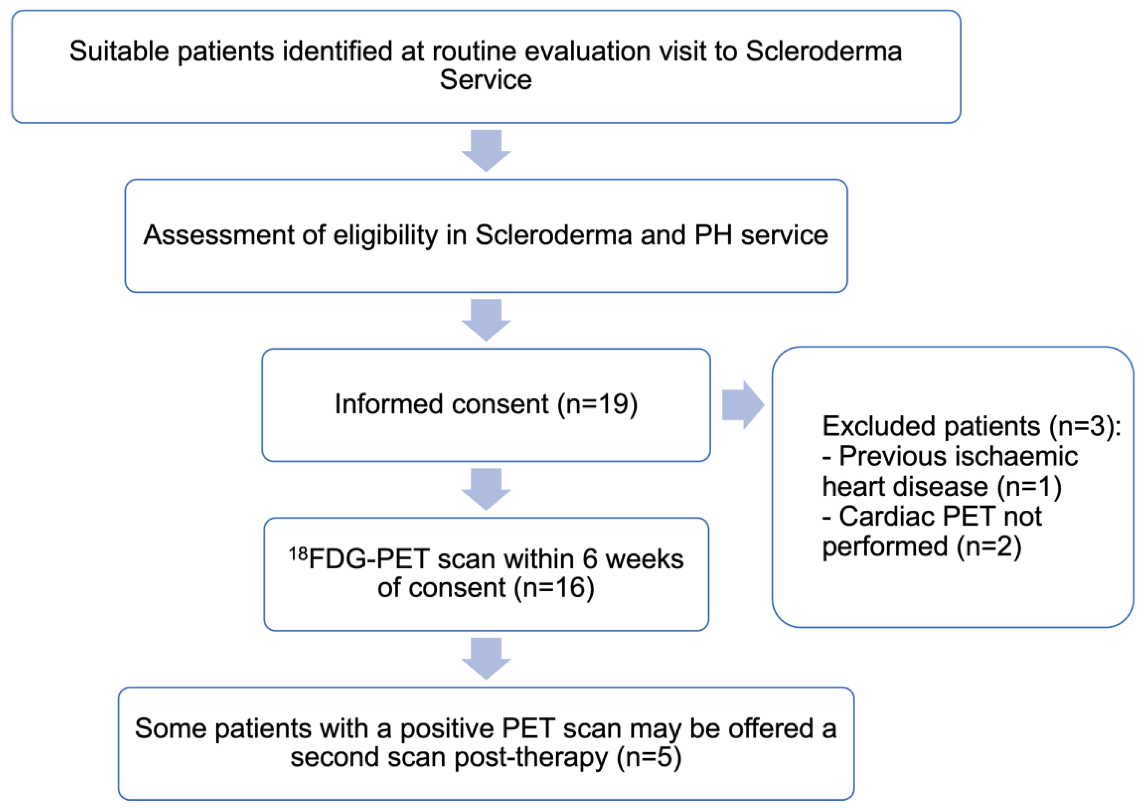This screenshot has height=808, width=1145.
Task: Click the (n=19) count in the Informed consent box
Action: click(x=597, y=404)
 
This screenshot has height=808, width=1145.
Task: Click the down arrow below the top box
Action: click(x=486, y=150)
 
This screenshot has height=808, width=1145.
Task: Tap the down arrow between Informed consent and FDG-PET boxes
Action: click(x=486, y=488)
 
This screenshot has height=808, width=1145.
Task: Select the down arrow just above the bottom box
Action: click(x=486, y=657)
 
